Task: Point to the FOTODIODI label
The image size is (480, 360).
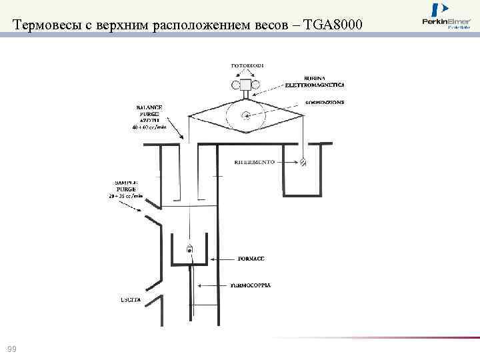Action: (247, 65)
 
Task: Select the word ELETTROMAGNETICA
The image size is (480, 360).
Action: (314, 85)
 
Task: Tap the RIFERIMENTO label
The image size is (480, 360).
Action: (255, 163)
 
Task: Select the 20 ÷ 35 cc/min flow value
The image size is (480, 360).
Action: (125, 197)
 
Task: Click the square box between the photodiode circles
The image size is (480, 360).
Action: (247, 85)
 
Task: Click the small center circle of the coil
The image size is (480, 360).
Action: (245, 114)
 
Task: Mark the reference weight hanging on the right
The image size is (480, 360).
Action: (303, 161)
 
